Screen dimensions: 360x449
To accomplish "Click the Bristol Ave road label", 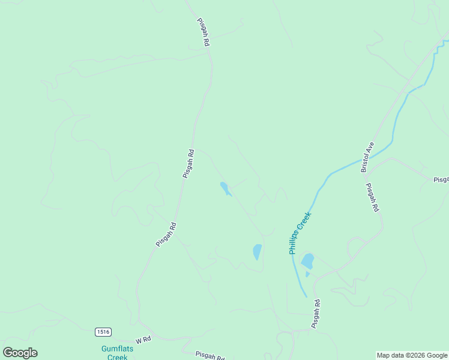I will tap(367, 157).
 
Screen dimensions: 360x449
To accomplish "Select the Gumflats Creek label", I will tap(114, 353).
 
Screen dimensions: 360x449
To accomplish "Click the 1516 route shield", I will tap(103, 332).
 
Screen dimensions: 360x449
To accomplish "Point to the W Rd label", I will tap(143, 340).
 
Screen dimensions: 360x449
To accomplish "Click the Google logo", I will tap(20, 353).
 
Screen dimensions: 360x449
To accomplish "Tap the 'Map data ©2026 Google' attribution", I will tap(412, 356).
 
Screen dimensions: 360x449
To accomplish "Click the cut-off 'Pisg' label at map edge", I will tap(441, 179).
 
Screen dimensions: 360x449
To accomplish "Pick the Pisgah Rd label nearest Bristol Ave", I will tap(372, 197).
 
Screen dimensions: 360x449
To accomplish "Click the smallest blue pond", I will tap(307, 275).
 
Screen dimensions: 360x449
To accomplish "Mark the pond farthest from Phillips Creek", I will tap(225, 189).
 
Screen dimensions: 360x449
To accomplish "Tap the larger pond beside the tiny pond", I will tap(307, 261).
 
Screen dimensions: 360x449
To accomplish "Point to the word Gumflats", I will tap(115, 349).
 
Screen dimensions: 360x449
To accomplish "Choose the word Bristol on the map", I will tap(366, 163).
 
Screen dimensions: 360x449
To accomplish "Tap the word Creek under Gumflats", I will tap(114, 357).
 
